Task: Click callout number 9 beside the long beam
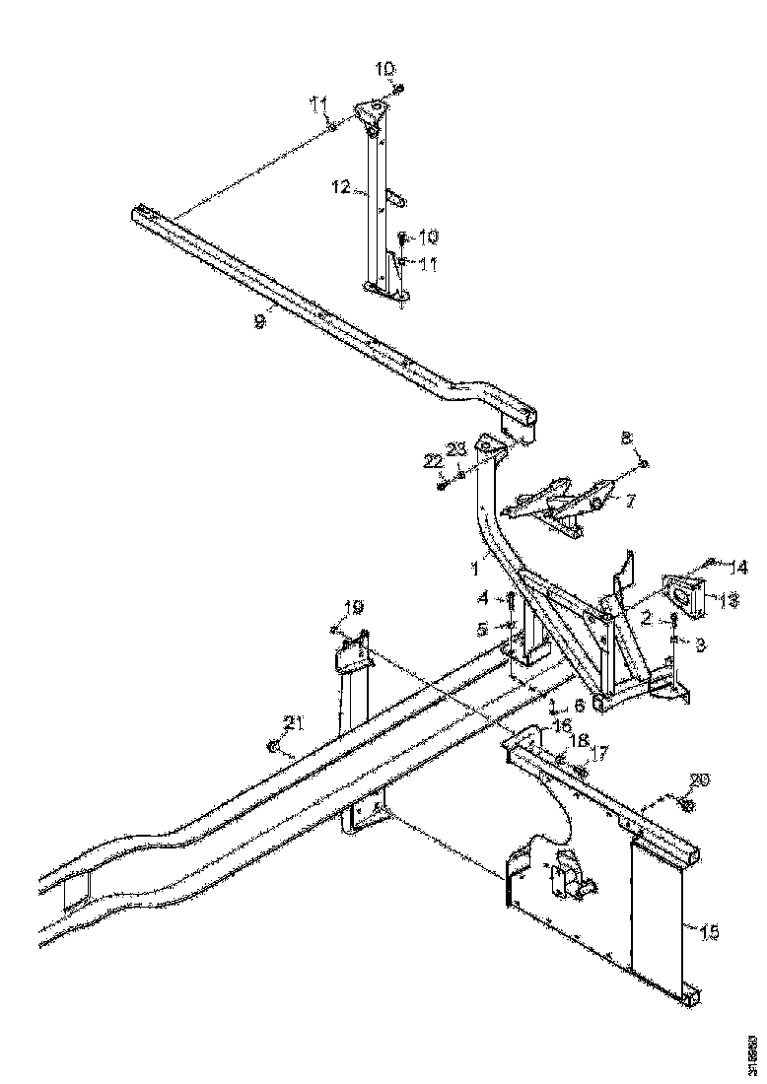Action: [x=259, y=321]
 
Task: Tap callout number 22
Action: [x=434, y=461]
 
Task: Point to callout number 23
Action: [x=457, y=449]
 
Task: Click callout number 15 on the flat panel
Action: [x=709, y=929]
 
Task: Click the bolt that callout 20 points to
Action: [x=687, y=805]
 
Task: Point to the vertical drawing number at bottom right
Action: [x=752, y=1051]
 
